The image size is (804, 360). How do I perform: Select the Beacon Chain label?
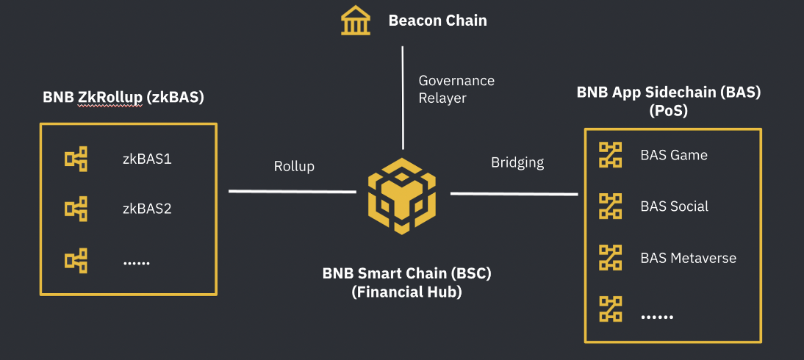click(437, 21)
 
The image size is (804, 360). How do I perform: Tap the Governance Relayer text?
click(456, 89)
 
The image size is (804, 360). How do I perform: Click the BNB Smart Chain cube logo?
click(402, 195)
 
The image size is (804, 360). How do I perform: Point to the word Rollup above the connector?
click(294, 166)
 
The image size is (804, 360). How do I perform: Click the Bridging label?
click(517, 162)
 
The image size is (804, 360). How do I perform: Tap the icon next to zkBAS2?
click(76, 209)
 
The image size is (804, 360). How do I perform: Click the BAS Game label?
click(674, 155)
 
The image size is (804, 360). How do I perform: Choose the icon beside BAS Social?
click(611, 206)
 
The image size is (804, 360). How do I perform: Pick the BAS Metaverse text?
click(688, 258)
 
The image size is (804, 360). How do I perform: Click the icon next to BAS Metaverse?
click(611, 258)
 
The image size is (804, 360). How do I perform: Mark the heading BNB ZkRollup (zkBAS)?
click(123, 97)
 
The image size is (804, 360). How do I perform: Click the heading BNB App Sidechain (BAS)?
click(669, 93)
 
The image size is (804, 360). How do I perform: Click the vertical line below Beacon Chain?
click(403, 96)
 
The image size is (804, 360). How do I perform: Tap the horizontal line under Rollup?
click(292, 191)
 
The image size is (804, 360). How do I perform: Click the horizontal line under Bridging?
click(514, 193)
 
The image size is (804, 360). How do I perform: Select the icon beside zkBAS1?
click(76, 158)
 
